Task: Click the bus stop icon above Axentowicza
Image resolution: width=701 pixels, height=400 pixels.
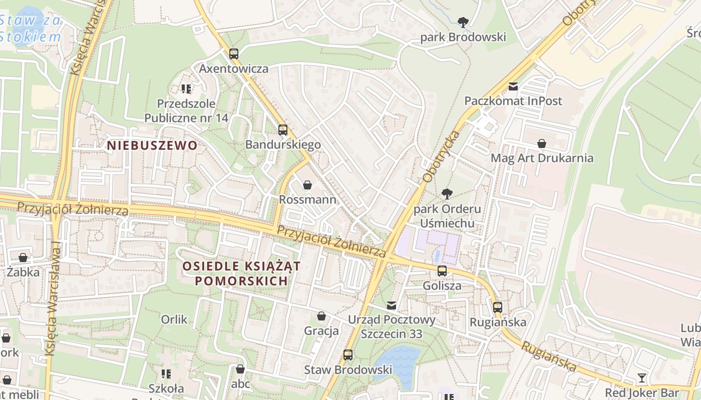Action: point(234,53)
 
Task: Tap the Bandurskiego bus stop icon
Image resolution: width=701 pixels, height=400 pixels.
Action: point(283,130)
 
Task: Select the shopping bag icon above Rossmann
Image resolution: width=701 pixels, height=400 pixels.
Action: point(307,185)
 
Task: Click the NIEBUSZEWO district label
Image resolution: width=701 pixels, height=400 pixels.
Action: point(152,145)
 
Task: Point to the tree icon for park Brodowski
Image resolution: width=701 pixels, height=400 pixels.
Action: point(463,22)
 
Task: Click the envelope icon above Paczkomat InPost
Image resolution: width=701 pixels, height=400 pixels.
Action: point(513,86)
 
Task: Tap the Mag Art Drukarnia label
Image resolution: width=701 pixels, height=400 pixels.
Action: point(542,158)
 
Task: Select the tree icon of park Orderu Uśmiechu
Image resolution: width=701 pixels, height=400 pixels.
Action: point(447,193)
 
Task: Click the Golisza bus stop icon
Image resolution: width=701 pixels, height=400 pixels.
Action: point(442,271)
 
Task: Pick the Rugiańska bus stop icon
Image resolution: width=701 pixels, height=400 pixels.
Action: point(497,307)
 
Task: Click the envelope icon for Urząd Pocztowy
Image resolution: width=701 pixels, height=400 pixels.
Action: point(392,305)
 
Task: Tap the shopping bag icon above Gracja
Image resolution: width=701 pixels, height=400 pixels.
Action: point(321,316)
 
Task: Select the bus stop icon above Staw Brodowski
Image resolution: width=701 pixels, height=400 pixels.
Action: point(348,355)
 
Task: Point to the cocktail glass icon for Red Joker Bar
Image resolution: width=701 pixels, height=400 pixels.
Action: point(642,377)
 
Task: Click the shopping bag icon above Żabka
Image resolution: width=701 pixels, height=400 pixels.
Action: point(23,257)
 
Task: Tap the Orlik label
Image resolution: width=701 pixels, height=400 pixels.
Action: point(174,319)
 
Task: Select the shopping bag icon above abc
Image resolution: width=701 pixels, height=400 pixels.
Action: point(240,369)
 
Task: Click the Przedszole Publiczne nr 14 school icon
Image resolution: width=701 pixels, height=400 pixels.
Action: point(186,89)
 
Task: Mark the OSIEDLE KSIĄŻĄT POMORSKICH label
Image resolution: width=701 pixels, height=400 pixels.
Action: point(241,273)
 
